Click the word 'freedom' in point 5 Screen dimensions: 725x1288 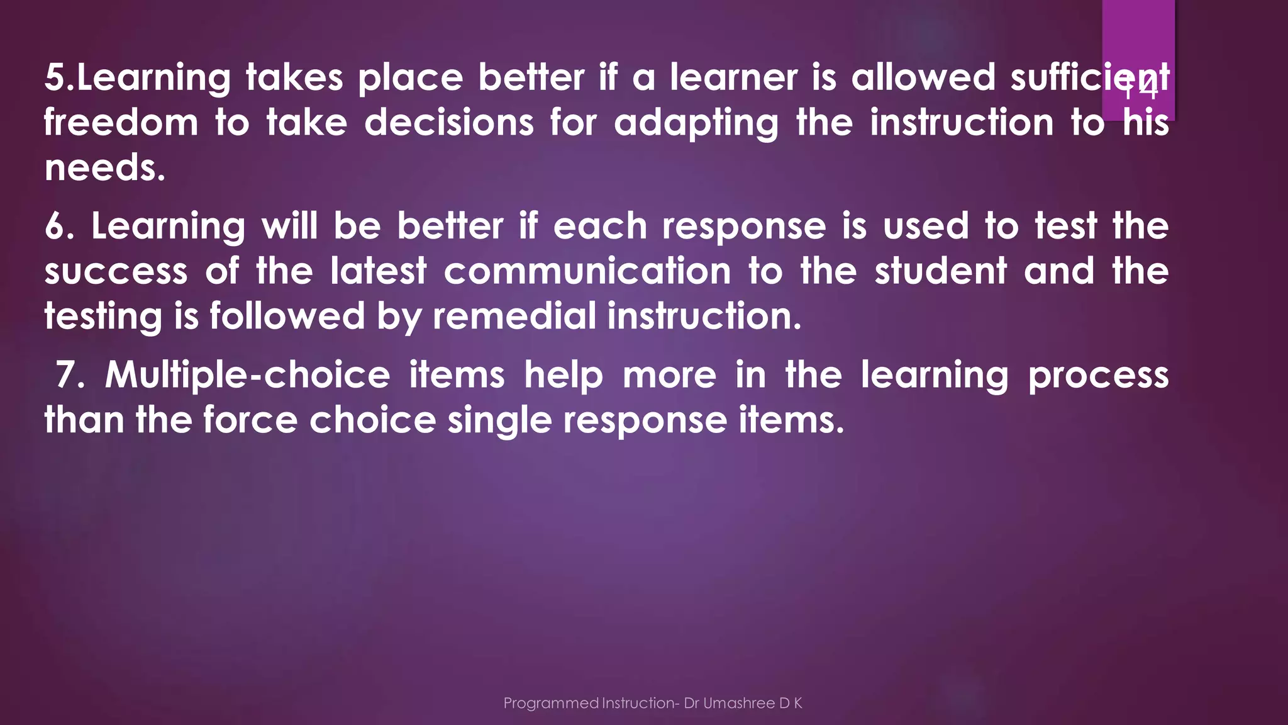[121, 122]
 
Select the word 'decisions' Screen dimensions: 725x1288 [449, 122]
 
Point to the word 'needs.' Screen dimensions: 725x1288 [105, 168]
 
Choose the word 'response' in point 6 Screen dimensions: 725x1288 [744, 227]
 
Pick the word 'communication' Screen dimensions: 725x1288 [587, 271]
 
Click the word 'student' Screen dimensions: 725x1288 [941, 271]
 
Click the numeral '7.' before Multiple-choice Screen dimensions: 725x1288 [70, 375]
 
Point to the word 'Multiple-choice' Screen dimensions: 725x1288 [247, 376]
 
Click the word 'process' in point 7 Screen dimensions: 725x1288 [1098, 376]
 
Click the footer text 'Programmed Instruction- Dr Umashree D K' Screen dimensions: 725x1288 [652, 703]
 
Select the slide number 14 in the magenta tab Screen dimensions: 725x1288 [1140, 89]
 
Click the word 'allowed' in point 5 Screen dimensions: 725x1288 [923, 77]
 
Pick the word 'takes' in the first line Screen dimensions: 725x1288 [294, 77]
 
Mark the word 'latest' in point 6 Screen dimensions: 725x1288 [379, 271]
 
